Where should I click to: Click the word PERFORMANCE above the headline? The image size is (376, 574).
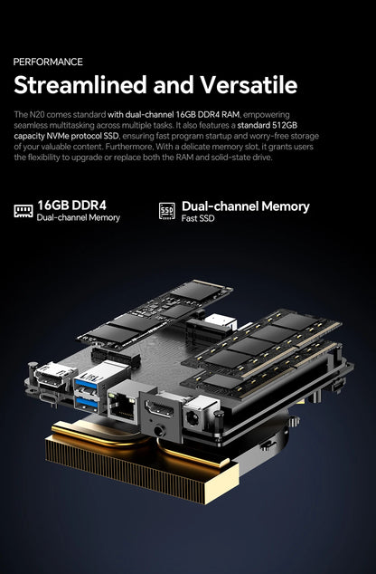pos(48,62)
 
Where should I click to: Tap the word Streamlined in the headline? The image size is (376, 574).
pos(80,85)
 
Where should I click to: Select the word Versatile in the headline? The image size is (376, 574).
pos(249,85)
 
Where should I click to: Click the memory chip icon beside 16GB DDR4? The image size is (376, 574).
pos(23,211)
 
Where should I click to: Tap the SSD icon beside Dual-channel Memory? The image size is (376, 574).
pos(167,211)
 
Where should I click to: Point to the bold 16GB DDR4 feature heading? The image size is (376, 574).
pos(72,205)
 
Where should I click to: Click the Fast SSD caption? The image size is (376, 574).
pos(198,218)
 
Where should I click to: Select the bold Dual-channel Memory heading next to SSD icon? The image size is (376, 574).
pos(246,206)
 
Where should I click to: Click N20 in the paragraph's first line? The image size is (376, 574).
pos(36,115)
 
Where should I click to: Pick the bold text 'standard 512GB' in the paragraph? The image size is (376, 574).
pos(268,125)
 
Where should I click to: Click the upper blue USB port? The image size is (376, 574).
pos(86,384)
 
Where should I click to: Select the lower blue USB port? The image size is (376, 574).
pos(86,402)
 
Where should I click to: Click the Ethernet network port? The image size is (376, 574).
pos(122,406)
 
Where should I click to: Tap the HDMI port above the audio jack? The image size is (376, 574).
pos(160,408)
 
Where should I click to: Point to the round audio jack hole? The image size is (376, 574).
pos(159,431)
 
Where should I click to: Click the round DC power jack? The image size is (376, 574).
pos(193,418)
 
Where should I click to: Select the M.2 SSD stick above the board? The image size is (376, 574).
pos(155,313)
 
